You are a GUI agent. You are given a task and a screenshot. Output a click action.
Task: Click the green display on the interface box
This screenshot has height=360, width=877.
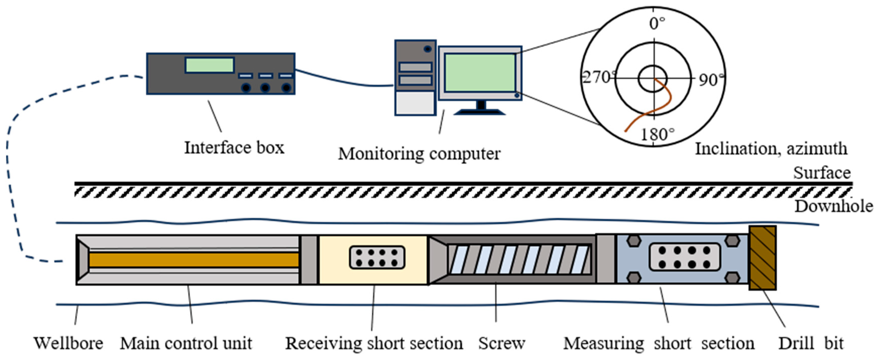(x=209, y=65)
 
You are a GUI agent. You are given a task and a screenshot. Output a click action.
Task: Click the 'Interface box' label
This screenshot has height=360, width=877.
(x=234, y=148)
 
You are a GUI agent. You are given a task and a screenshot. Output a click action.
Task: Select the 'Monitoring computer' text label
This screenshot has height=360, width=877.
(x=419, y=153)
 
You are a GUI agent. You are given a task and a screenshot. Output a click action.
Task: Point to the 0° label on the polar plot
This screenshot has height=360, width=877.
(x=657, y=23)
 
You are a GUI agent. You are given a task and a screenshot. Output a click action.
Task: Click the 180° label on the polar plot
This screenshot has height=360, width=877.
(x=657, y=134)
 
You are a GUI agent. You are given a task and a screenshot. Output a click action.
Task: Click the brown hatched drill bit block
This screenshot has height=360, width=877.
(x=763, y=258)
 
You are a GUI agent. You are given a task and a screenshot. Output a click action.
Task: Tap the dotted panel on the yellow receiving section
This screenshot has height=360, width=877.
(x=377, y=258)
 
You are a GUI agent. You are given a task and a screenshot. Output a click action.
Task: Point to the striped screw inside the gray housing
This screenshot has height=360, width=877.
(x=519, y=260)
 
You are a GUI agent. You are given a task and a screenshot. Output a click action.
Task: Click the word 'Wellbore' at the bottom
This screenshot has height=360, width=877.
(x=68, y=343)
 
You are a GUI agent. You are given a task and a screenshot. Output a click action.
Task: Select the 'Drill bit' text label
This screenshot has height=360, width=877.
(x=811, y=343)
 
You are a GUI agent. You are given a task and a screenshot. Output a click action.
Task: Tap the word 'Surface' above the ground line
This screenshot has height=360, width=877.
(x=822, y=173)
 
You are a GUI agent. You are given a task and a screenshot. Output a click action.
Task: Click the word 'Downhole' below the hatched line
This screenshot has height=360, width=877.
(x=833, y=206)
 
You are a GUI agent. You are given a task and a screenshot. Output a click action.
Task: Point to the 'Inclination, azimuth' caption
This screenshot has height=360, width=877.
(x=771, y=149)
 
